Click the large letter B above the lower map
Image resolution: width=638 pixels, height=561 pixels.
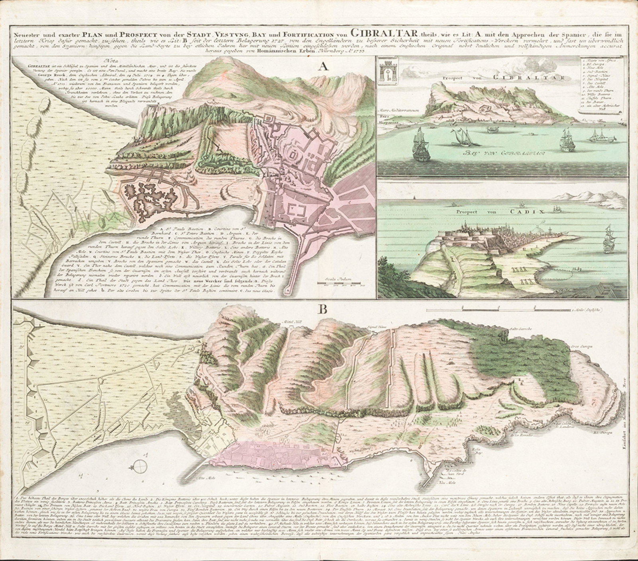click(323, 309)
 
